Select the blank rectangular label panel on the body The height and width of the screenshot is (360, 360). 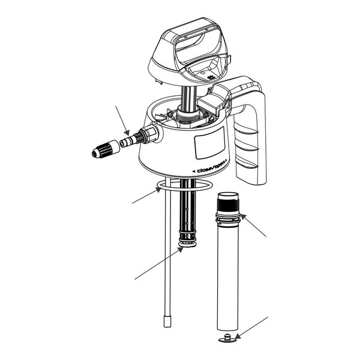[x=209, y=143]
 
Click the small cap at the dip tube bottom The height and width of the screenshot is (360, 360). [x=167, y=321]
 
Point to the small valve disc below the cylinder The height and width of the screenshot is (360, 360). [x=227, y=338]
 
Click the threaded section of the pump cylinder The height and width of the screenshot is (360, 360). [x=228, y=205]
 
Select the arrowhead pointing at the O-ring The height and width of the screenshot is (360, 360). [x=158, y=190]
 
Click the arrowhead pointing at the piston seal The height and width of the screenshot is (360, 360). [x=181, y=250]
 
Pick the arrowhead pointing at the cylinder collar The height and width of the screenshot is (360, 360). [x=243, y=217]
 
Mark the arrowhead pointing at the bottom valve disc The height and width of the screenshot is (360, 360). [x=238, y=337]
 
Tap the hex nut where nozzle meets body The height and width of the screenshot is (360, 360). [x=149, y=134]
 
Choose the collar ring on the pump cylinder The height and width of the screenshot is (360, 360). [x=228, y=218]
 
